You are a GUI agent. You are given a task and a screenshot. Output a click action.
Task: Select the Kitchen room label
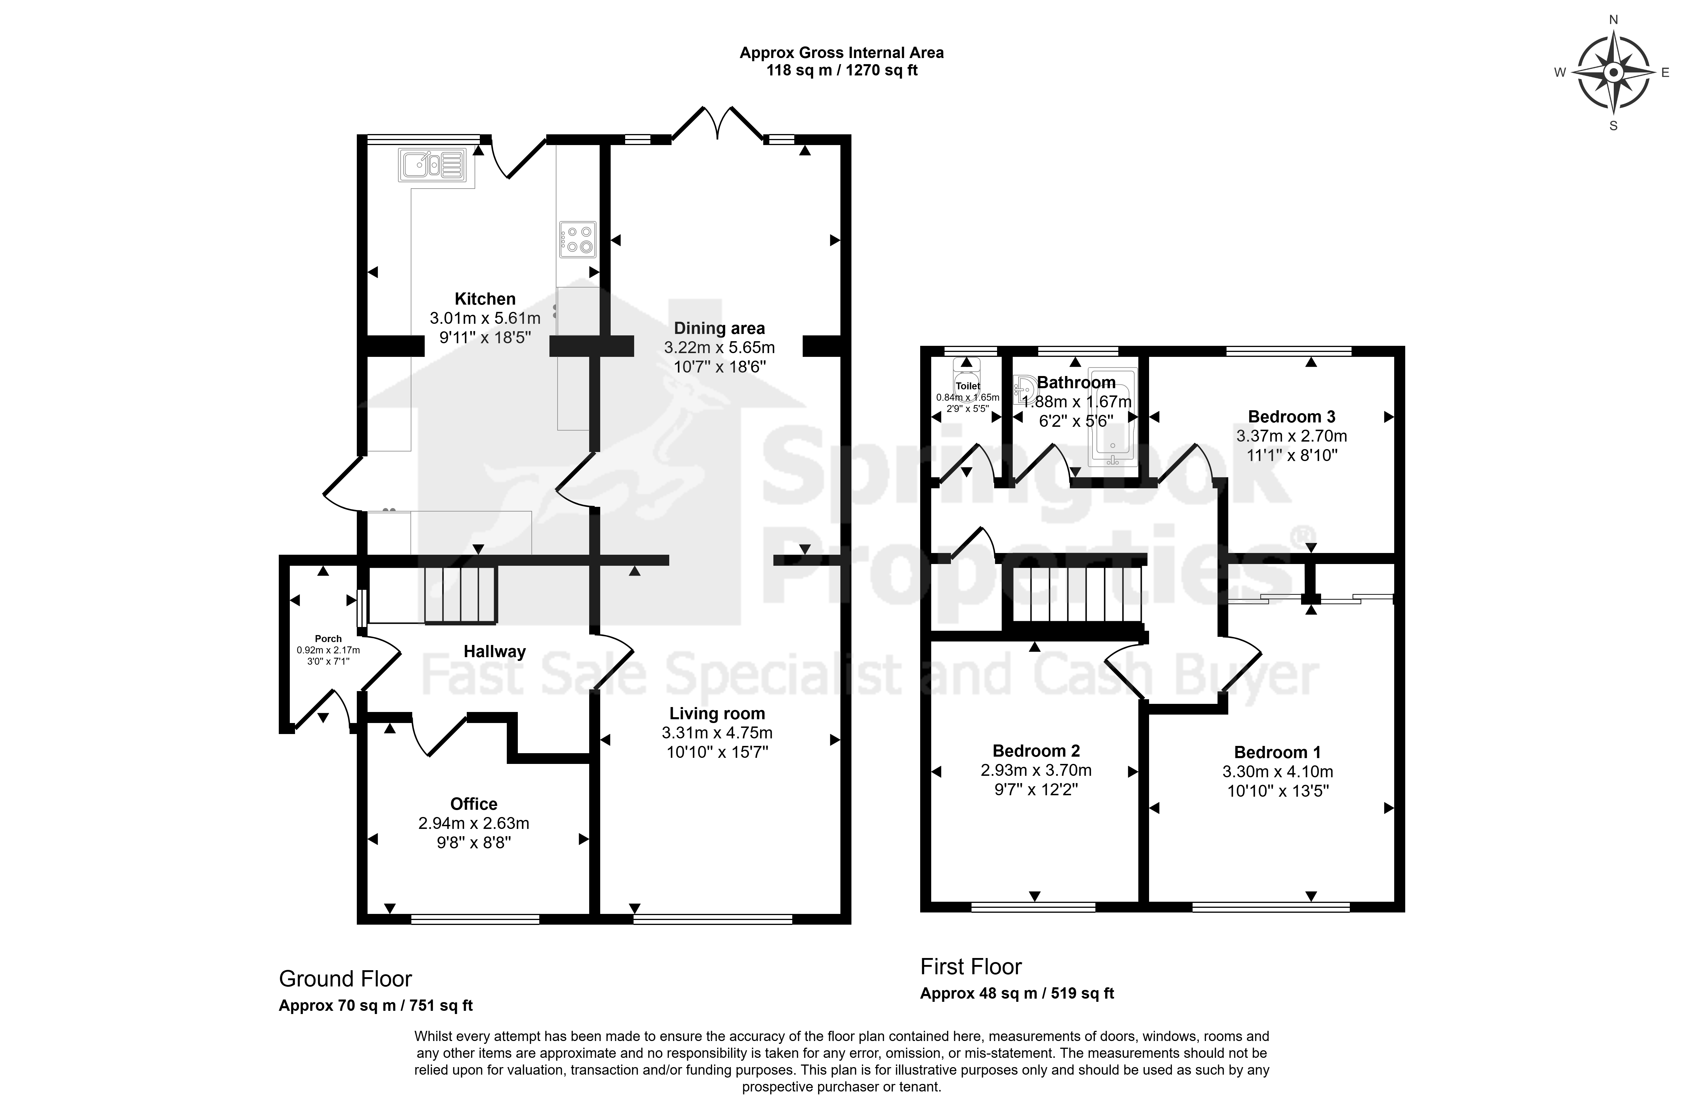[x=485, y=299]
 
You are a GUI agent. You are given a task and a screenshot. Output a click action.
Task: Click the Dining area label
[x=719, y=328]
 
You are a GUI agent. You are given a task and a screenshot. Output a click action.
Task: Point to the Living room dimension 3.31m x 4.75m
[x=717, y=732]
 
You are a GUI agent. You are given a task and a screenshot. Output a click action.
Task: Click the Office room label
[x=474, y=804]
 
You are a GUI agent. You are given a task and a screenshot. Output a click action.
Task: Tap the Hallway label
[x=494, y=651]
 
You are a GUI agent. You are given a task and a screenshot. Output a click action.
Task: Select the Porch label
[x=328, y=639]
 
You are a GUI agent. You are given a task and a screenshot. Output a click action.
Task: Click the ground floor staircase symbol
[x=460, y=596]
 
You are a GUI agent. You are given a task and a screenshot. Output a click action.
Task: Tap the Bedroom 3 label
[x=1292, y=417]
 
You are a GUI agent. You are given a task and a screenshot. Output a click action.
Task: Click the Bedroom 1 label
[x=1277, y=752]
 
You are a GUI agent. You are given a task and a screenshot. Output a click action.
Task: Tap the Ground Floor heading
[x=346, y=979]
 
